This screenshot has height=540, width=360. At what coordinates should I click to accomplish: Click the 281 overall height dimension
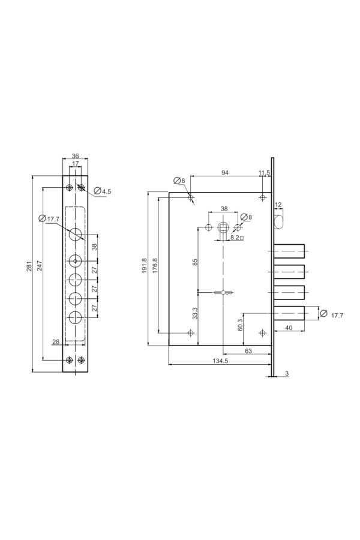pyautogui.click(x=29, y=266)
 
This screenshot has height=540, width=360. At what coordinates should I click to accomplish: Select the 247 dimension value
pyautogui.click(x=40, y=266)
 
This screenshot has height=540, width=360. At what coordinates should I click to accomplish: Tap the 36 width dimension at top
pyautogui.click(x=76, y=156)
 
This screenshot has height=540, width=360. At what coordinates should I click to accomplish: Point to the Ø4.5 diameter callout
pyautogui.click(x=103, y=191)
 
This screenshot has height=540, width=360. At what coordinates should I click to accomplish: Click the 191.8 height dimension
pyautogui.click(x=145, y=266)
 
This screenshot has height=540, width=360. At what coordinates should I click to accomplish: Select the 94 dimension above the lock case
pyautogui.click(x=225, y=173)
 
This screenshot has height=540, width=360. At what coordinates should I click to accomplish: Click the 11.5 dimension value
pyautogui.click(x=264, y=173)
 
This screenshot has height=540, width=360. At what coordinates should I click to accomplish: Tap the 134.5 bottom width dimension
pyautogui.click(x=220, y=361)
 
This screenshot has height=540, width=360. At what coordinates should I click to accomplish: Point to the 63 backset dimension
pyautogui.click(x=248, y=351)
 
